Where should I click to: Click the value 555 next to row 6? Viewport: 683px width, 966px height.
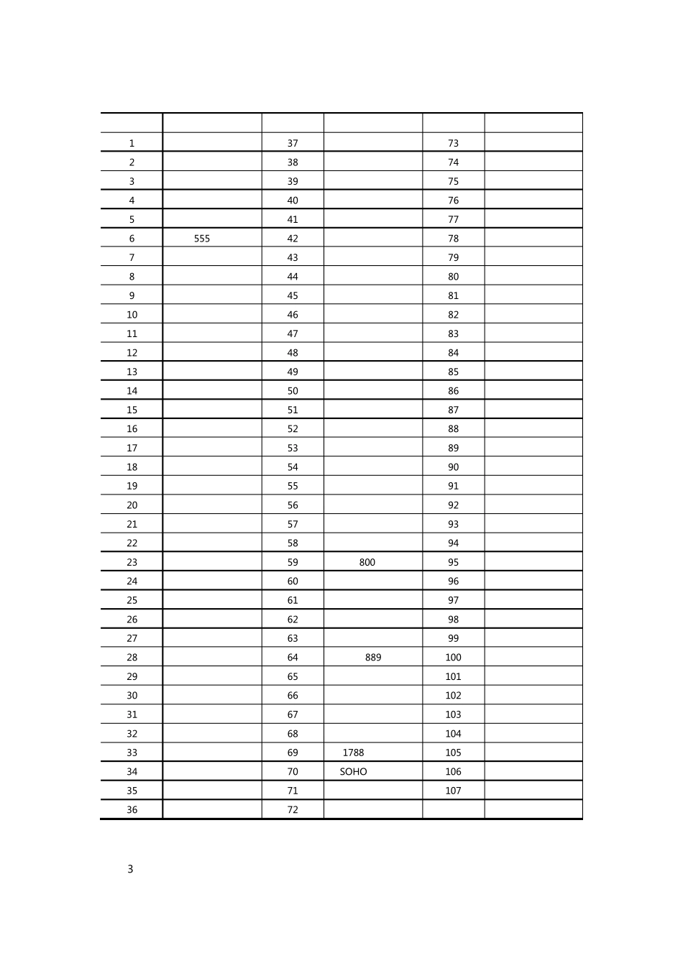(202, 239)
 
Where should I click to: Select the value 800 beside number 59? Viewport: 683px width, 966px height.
(367, 563)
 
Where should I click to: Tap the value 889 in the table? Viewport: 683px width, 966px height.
(373, 658)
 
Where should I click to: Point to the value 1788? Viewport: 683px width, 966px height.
(353, 753)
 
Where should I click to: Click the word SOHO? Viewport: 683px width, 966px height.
(353, 772)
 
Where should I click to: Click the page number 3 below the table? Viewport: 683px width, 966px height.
(130, 869)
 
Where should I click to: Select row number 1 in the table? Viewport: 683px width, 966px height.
(132, 144)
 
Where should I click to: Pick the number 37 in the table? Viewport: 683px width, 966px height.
(293, 144)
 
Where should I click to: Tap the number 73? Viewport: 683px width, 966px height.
(453, 144)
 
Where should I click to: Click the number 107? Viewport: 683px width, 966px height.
(453, 791)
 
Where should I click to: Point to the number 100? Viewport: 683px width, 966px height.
(453, 658)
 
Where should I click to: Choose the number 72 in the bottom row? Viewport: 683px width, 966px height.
(293, 810)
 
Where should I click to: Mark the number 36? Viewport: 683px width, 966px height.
(132, 810)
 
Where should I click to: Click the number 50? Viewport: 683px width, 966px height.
(293, 391)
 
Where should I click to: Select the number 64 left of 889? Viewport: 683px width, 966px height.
(293, 658)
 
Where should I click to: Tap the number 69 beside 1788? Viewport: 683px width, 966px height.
(293, 753)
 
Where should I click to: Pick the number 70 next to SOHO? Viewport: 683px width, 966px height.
(293, 772)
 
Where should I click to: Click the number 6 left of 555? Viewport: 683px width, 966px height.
(132, 239)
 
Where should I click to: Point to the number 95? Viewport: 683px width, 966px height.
(453, 563)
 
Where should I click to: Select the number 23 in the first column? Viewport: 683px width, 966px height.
(132, 563)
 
